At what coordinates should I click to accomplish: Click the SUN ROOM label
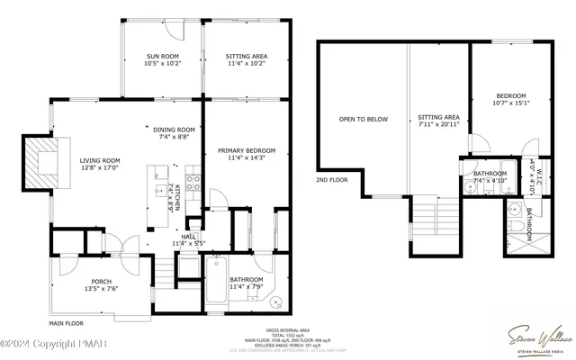[x=162, y=56]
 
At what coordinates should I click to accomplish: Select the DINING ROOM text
[x=174, y=130]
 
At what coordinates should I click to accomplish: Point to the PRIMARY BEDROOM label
[x=246, y=151]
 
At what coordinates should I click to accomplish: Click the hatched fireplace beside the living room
[x=41, y=163]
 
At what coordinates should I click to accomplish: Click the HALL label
[x=188, y=237]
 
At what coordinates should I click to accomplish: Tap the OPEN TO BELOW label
[x=363, y=119]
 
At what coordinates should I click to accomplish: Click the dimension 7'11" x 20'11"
[x=439, y=125]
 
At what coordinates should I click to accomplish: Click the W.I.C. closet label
[x=532, y=171]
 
